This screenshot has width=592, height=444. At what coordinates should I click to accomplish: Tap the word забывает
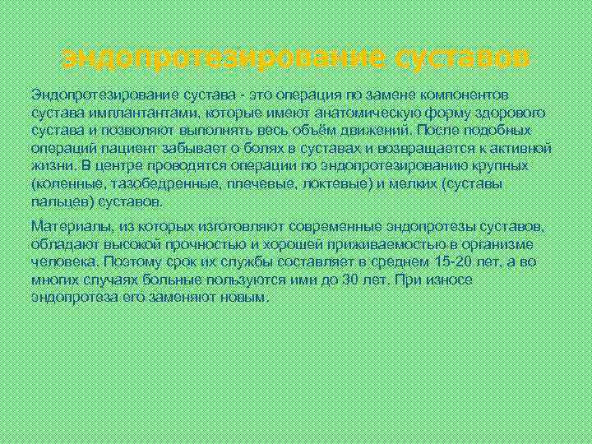pyautogui.click(x=183, y=148)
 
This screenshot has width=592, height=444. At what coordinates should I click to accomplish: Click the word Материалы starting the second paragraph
pyautogui.click(x=67, y=226)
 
